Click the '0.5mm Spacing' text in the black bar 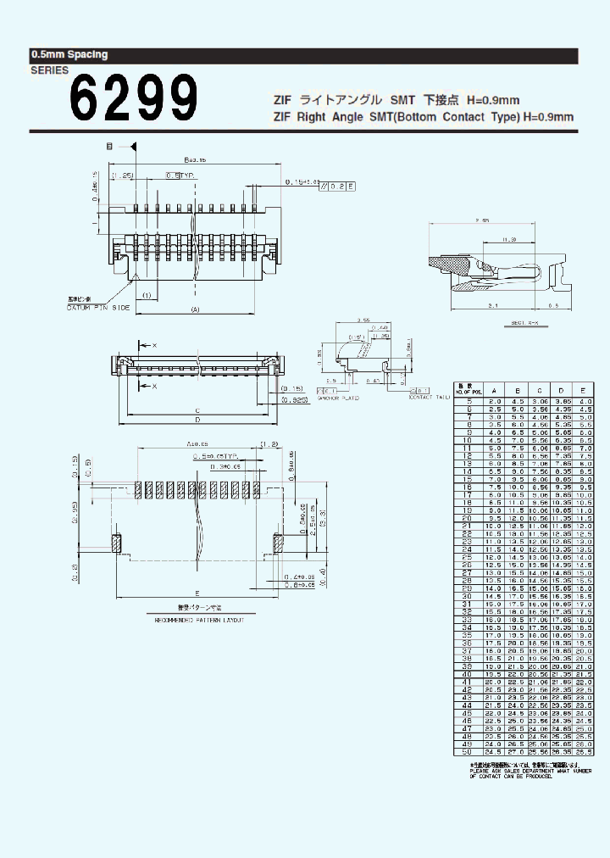tap(69, 54)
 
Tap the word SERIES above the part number tap(49, 71)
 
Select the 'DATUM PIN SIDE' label tap(98, 307)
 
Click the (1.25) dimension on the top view tap(122, 175)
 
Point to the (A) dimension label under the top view tap(196, 309)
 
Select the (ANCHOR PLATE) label tap(339, 397)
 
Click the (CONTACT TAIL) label tap(431, 397)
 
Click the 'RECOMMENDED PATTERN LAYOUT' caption tap(199, 621)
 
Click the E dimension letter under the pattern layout tap(196, 593)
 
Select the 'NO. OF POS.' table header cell tap(466, 389)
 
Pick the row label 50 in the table tap(466, 751)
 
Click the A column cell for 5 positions tap(495, 400)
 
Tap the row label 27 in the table tap(466, 573)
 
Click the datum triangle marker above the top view tap(134, 147)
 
